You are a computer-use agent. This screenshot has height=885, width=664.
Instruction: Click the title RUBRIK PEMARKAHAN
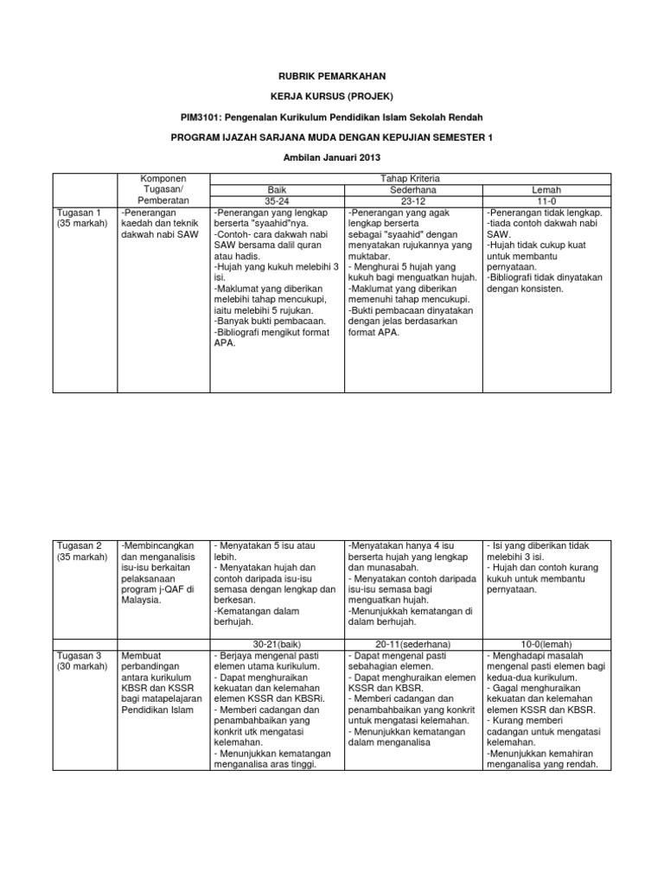pyautogui.click(x=332, y=76)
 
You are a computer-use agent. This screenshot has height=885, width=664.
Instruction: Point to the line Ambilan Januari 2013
pyautogui.click(x=332, y=156)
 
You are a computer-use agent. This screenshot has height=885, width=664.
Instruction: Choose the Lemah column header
pyautogui.click(x=546, y=189)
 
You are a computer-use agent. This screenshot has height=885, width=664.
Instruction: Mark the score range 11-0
pyautogui.click(x=546, y=201)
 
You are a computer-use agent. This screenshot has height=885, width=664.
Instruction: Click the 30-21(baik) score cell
pyautogui.click(x=276, y=644)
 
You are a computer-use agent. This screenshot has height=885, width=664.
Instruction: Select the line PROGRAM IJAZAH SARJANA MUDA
pyautogui.click(x=332, y=137)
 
